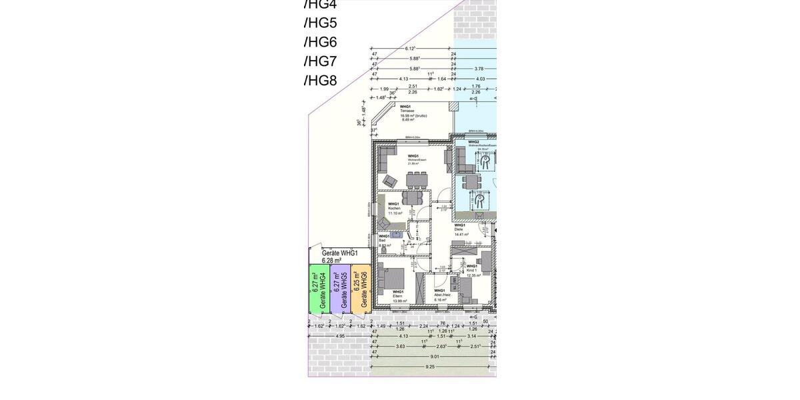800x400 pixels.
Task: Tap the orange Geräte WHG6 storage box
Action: tap(361, 287)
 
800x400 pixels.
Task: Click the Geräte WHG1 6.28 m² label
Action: tap(340, 257)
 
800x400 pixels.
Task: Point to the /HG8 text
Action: tap(320, 81)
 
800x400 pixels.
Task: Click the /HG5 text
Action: tap(320, 23)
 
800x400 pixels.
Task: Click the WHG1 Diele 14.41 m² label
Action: tap(461, 230)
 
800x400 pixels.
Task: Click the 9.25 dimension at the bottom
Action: tap(430, 367)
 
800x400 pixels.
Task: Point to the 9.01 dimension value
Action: tap(435, 357)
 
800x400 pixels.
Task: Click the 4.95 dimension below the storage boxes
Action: tap(339, 336)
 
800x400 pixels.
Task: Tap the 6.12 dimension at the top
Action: tap(410, 49)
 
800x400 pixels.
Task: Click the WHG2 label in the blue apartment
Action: tap(473, 142)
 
